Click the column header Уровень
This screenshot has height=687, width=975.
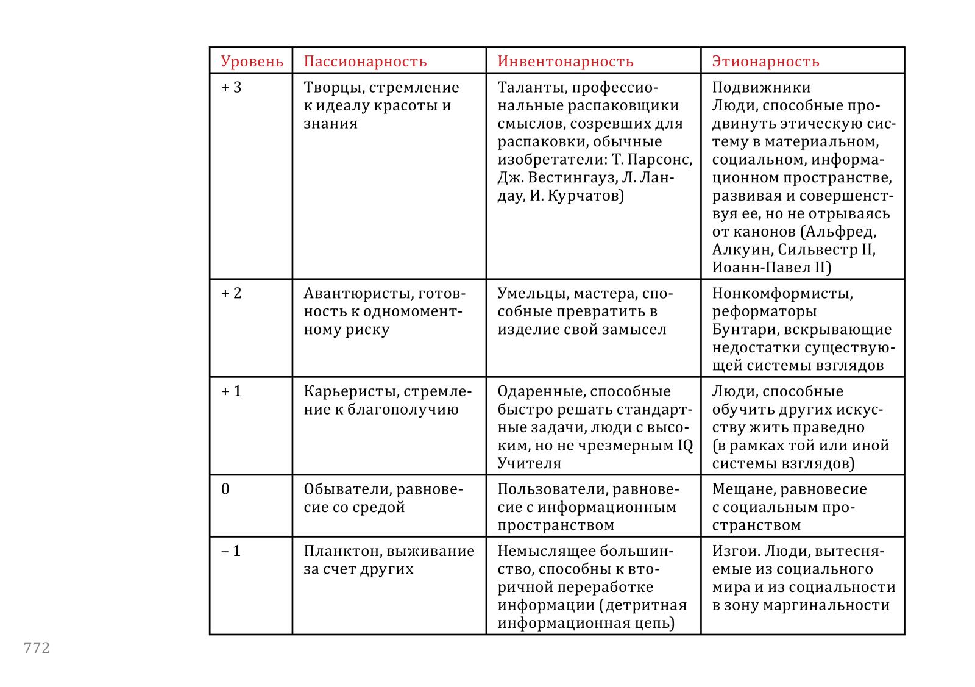click(252, 62)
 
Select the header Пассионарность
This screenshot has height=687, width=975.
click(365, 62)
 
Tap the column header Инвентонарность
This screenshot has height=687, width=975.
click(565, 62)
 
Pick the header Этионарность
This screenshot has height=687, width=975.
click(765, 62)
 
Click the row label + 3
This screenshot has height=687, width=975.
click(231, 88)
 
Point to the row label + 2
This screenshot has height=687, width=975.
click(231, 294)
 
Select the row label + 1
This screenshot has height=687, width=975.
click(231, 391)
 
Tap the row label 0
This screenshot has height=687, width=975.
click(225, 489)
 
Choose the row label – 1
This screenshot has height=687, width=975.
click(231, 551)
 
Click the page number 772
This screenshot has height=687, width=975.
click(37, 648)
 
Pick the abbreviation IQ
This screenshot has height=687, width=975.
click(686, 446)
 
